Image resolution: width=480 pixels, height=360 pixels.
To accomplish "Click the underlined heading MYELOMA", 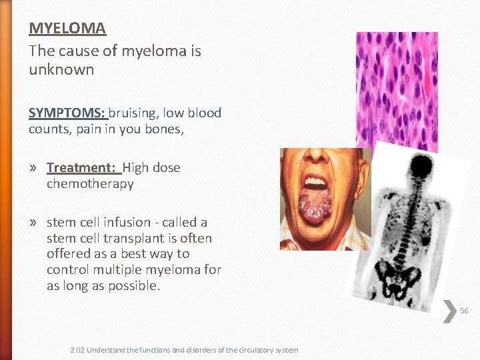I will (67, 29).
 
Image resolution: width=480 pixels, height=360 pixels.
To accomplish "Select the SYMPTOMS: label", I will (67, 113).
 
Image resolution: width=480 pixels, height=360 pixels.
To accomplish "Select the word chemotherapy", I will (90, 183).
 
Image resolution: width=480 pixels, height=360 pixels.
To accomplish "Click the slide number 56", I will (464, 311).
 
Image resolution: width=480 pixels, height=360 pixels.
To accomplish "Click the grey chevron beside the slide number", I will (451, 311).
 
